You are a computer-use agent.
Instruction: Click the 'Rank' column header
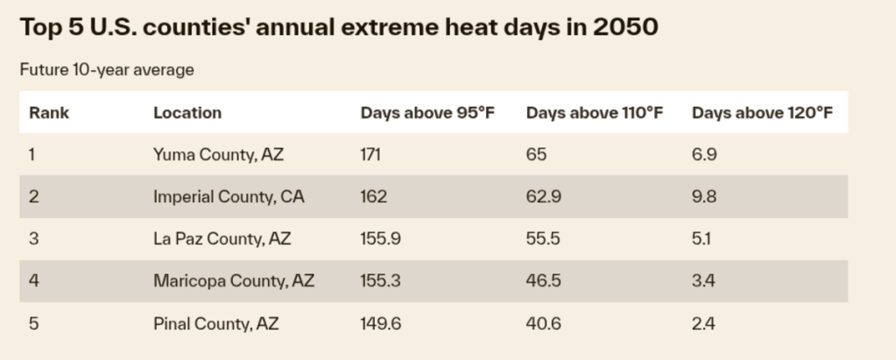pos(49,113)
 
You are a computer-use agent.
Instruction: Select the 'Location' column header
pos(187,113)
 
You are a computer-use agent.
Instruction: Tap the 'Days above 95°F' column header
pos(427,113)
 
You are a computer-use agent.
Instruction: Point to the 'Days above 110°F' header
pos(594,113)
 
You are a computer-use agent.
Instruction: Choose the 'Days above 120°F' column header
pos(761,113)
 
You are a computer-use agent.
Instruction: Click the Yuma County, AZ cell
pos(218,155)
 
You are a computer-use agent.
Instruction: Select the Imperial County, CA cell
pos(228,197)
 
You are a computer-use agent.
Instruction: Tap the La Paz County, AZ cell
pos(222,239)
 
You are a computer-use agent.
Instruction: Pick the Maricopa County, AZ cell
pos(233,281)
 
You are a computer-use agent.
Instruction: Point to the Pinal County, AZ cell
pos(215,323)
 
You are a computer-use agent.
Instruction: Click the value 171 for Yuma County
pos(371,155)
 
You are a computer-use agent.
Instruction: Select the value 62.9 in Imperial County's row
pos(543,197)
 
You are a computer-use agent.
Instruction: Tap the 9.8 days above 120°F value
pos(704,197)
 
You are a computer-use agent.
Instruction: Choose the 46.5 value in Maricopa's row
pos(543,281)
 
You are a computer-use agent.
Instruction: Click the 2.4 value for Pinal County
pos(703,323)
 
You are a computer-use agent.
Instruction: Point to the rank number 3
pos(33,239)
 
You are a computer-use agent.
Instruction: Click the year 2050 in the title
pos(624,27)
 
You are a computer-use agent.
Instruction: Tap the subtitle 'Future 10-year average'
pos(106,70)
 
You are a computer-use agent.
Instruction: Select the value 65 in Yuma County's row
pos(536,155)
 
